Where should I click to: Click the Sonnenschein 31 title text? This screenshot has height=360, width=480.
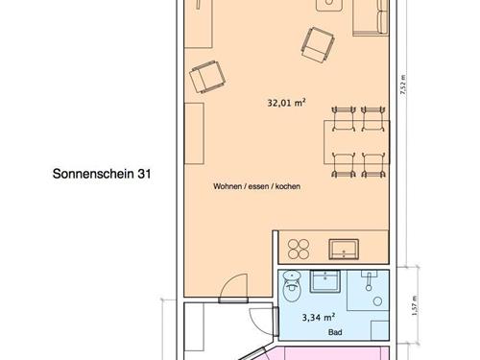coord(102,174)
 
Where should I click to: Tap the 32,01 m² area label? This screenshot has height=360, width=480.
coord(286,103)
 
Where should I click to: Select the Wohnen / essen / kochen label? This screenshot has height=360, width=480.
coord(256,186)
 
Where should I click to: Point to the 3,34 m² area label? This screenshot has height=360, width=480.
coord(319,318)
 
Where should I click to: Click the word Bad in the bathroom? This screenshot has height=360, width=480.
coord(335,332)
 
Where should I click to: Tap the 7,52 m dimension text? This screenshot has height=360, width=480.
coord(403,84)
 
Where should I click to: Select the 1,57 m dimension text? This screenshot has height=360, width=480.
coord(415,305)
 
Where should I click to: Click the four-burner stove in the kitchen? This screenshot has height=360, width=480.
coord(299,249)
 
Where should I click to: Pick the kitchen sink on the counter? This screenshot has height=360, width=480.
coord(344,249)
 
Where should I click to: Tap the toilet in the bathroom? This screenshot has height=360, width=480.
coord(292,286)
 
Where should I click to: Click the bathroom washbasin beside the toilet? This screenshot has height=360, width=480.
coord(324,281)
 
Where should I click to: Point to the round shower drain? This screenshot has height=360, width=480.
coord(378,301)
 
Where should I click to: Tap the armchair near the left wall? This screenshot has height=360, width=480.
coord(207,77)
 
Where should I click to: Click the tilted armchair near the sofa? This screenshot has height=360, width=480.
coord(318,45)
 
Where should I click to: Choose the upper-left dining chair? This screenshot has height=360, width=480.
coord(344,119)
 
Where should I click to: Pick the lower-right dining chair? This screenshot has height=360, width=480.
coord(373,165)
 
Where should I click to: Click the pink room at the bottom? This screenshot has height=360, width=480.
coord(326,353)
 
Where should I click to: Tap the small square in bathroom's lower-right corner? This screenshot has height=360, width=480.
coord(380,330)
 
